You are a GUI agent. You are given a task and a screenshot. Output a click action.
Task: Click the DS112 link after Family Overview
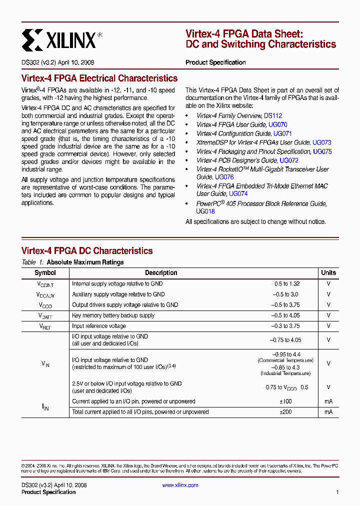pyautogui.click(x=273, y=115)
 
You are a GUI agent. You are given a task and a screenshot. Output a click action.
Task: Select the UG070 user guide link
pyautogui.click(x=277, y=124)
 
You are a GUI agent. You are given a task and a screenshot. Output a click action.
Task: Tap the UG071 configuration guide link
pyautogui.click(x=282, y=133)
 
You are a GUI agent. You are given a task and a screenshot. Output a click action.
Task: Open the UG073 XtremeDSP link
pyautogui.click(x=321, y=142)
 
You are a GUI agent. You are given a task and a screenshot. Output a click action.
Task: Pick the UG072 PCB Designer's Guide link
pyautogui.click(x=288, y=160)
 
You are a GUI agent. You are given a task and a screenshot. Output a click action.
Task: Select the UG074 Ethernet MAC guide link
pyautogui.click(x=238, y=193)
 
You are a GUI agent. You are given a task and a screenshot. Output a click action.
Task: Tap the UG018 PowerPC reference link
pyautogui.click(x=205, y=211)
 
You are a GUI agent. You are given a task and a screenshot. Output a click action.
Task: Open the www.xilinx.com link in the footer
pyautogui.click(x=180, y=485)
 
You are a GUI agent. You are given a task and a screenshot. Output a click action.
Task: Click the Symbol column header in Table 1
pyautogui.click(x=45, y=273)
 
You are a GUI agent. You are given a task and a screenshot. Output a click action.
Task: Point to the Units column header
pyautogui.click(x=328, y=273)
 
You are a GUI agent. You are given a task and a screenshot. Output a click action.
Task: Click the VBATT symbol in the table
pyautogui.click(x=45, y=316)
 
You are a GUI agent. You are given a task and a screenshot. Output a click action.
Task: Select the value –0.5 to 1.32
pyautogui.click(x=285, y=283)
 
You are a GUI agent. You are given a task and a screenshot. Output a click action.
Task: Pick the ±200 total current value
pyautogui.click(x=285, y=412)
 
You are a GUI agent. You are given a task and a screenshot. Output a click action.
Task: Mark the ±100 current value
pyautogui.click(x=285, y=401)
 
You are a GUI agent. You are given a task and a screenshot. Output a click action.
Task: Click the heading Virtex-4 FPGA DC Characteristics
pyautogui.click(x=87, y=251)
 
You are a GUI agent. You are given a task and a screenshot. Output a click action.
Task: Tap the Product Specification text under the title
pyautogui.click(x=215, y=62)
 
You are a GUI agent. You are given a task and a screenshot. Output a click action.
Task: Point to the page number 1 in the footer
pyautogui.click(x=337, y=492)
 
